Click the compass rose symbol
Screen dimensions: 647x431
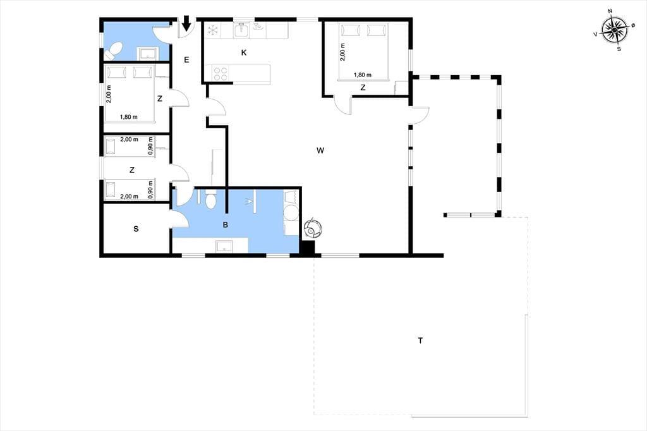pyautogui.click(x=614, y=30)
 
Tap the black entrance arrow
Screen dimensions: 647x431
pyautogui.click(x=186, y=23)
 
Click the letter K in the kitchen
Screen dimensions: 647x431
pyautogui.click(x=244, y=52)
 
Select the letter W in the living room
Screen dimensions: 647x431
pyautogui.click(x=320, y=150)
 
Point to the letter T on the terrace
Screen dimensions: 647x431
pyautogui.click(x=420, y=341)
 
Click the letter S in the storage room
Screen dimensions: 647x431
pyautogui.click(x=136, y=229)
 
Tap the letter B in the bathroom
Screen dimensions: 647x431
pyautogui.click(x=226, y=225)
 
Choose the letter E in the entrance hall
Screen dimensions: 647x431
pyautogui.click(x=186, y=60)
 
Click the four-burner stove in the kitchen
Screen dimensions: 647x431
pyautogui.click(x=221, y=74)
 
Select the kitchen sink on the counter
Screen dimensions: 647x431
pyautogui.click(x=242, y=30)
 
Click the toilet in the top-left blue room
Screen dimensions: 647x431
pyautogui.click(x=113, y=51)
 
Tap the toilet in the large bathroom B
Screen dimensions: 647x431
pyautogui.click(x=210, y=200)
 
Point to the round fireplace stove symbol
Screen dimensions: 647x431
pyautogui.click(x=313, y=228)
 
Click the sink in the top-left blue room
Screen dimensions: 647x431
pyautogui.click(x=148, y=54)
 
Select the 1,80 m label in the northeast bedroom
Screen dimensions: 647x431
pyautogui.click(x=362, y=75)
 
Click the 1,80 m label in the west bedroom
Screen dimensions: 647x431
pyautogui.click(x=129, y=117)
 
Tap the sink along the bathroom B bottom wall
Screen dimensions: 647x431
pyautogui.click(x=224, y=246)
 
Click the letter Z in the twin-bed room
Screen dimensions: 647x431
pyautogui.click(x=132, y=169)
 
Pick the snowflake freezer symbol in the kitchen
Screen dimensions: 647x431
pyautogui.click(x=212, y=30)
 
